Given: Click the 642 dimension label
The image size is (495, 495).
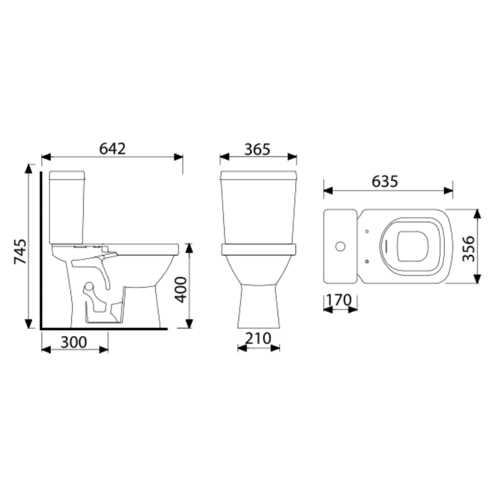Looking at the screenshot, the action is [x=113, y=148].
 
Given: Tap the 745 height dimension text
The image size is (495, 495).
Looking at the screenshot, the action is [x=20, y=251].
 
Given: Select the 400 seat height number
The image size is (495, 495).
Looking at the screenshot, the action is [x=181, y=290].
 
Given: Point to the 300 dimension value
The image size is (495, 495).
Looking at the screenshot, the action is [x=74, y=342].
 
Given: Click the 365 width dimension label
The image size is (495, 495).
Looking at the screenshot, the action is [x=257, y=150].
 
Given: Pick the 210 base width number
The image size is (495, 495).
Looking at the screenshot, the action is [x=258, y=338].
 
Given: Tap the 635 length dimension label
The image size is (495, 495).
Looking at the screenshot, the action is [x=385, y=181].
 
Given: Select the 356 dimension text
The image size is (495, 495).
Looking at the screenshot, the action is [x=468, y=249].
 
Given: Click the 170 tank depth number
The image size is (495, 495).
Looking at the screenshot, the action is [x=338, y=300].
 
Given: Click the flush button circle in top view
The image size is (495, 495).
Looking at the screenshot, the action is [x=340, y=246].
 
